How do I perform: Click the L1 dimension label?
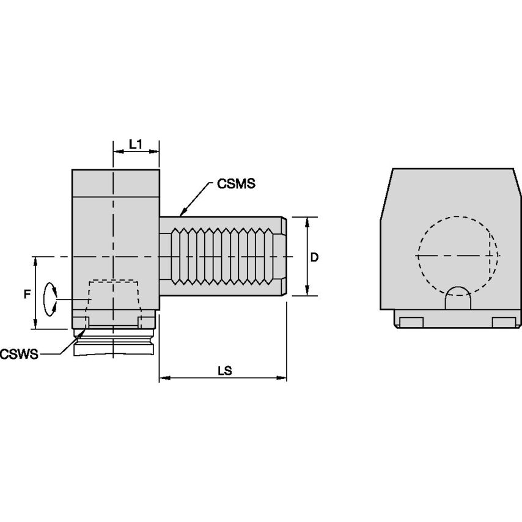coord(136,145)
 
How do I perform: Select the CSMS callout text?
coord(235,183)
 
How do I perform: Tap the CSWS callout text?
coord(19,353)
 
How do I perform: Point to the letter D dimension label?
coord(314,257)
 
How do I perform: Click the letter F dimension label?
coord(26,295)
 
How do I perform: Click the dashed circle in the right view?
coord(457,254)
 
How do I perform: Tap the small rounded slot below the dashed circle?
coord(457,299)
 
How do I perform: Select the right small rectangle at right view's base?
coord(503,322)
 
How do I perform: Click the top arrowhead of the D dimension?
coord(306,219)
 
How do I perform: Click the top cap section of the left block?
coord(116,182)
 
